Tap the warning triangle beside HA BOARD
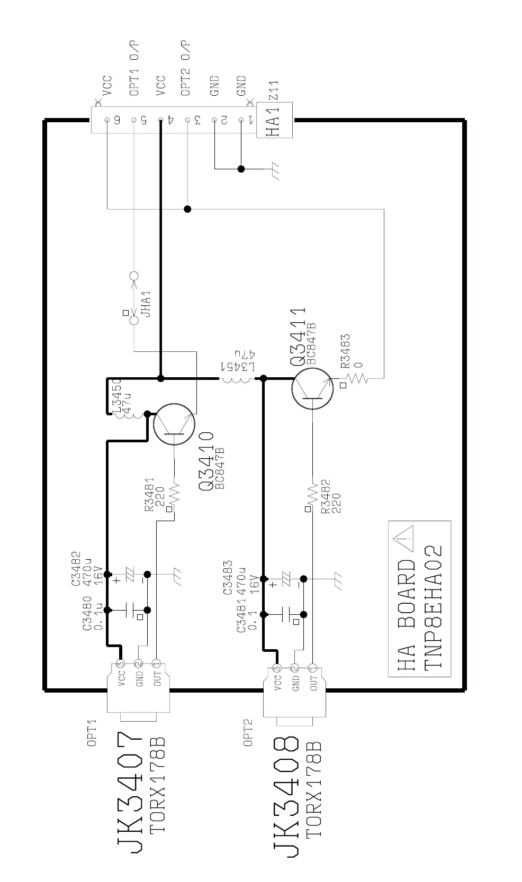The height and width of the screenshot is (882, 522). coord(404,540)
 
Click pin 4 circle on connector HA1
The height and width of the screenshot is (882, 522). coord(160,120)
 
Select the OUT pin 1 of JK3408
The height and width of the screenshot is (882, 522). coord(312,668)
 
